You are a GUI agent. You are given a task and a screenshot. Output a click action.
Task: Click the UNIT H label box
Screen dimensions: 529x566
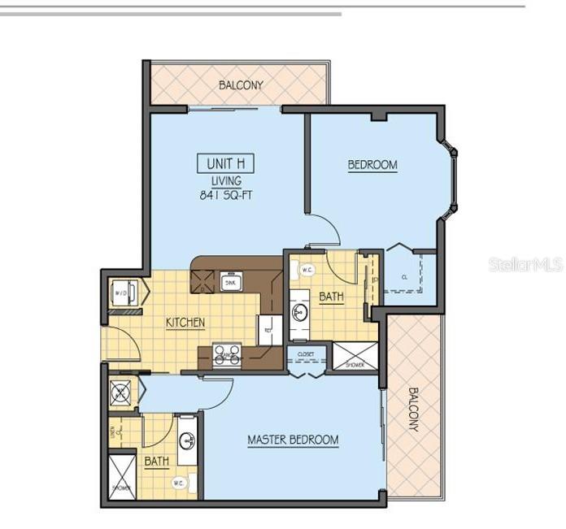pyautogui.click(x=225, y=163)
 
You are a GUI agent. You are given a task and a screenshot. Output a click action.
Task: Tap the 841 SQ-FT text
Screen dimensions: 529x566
pyautogui.click(x=225, y=195)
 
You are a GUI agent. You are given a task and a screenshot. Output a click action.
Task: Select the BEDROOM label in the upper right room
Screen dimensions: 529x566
pyautogui.click(x=372, y=165)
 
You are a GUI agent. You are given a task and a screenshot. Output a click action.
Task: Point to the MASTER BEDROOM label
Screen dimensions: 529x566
pyautogui.click(x=293, y=440)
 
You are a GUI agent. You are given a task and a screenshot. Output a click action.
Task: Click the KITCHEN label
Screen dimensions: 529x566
pyautogui.click(x=185, y=323)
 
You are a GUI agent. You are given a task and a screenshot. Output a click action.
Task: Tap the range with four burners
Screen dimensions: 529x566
pyautogui.click(x=227, y=354)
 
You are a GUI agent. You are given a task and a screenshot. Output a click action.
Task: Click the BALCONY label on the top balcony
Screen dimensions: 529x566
pyautogui.click(x=241, y=85)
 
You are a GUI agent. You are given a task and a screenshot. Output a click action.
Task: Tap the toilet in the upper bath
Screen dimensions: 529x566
pyautogui.click(x=307, y=270)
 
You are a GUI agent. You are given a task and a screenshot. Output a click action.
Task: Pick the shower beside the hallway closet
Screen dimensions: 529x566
pyautogui.click(x=355, y=356)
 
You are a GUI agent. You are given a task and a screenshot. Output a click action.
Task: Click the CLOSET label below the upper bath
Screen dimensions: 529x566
pyautogui.click(x=305, y=354)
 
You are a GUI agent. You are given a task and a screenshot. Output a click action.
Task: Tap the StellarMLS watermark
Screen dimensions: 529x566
pyautogui.click(x=525, y=264)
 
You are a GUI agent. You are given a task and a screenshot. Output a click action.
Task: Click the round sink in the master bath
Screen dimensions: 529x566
pyautogui.click(x=187, y=441)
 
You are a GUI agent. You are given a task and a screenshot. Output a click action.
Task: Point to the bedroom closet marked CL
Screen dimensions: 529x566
pyautogui.click(x=403, y=276)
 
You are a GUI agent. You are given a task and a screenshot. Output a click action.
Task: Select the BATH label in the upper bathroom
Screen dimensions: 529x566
pyautogui.click(x=331, y=297)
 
